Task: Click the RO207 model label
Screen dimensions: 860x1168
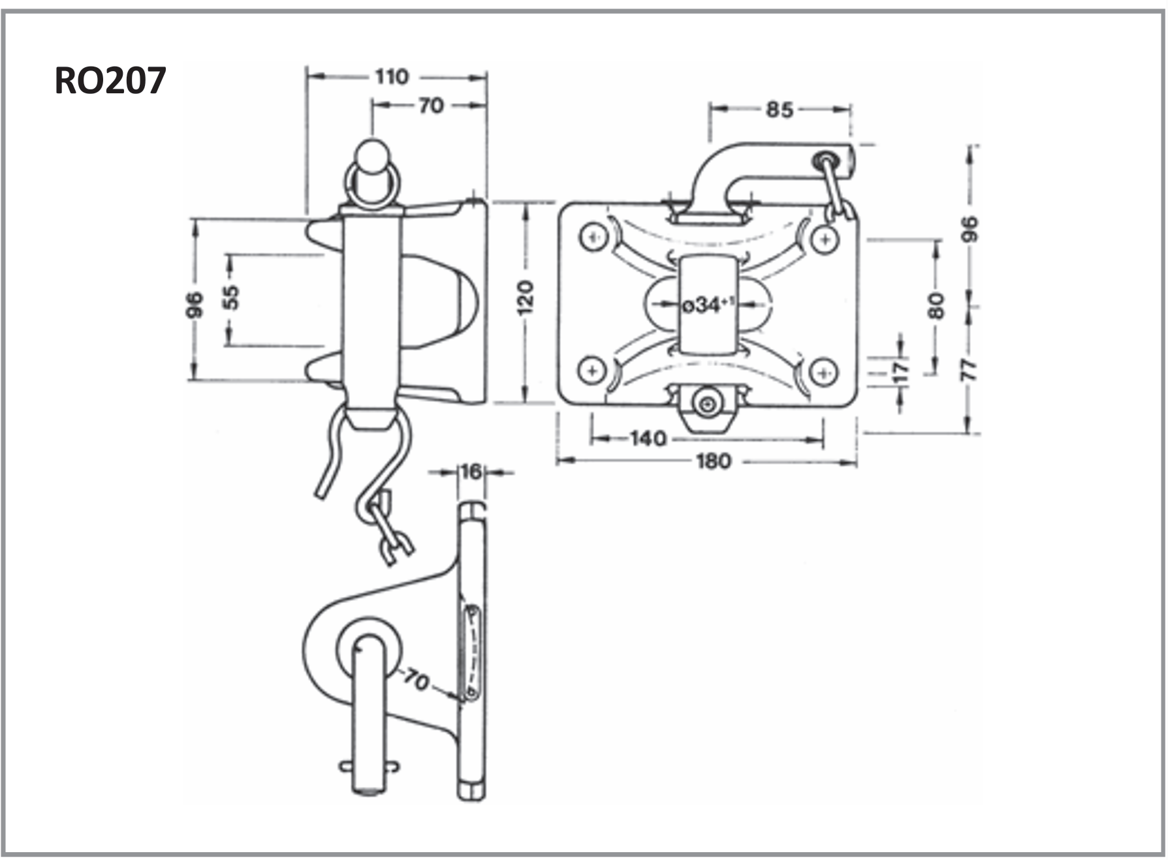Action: [110, 81]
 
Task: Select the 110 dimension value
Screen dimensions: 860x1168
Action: [391, 77]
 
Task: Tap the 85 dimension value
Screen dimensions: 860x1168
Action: [779, 110]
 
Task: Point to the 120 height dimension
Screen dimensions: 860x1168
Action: [526, 298]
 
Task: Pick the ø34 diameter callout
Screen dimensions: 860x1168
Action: [708, 305]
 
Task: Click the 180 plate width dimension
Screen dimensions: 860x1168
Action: [713, 462]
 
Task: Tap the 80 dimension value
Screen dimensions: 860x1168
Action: [936, 306]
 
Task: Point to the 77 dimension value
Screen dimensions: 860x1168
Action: [971, 370]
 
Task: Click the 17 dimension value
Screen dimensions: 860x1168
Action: [900, 371]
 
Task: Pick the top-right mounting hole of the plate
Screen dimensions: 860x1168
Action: [825, 239]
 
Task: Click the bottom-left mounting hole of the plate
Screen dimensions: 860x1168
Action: [592, 371]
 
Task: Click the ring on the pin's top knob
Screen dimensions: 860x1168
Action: [371, 185]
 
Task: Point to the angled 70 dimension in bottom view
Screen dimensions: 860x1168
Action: [415, 679]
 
